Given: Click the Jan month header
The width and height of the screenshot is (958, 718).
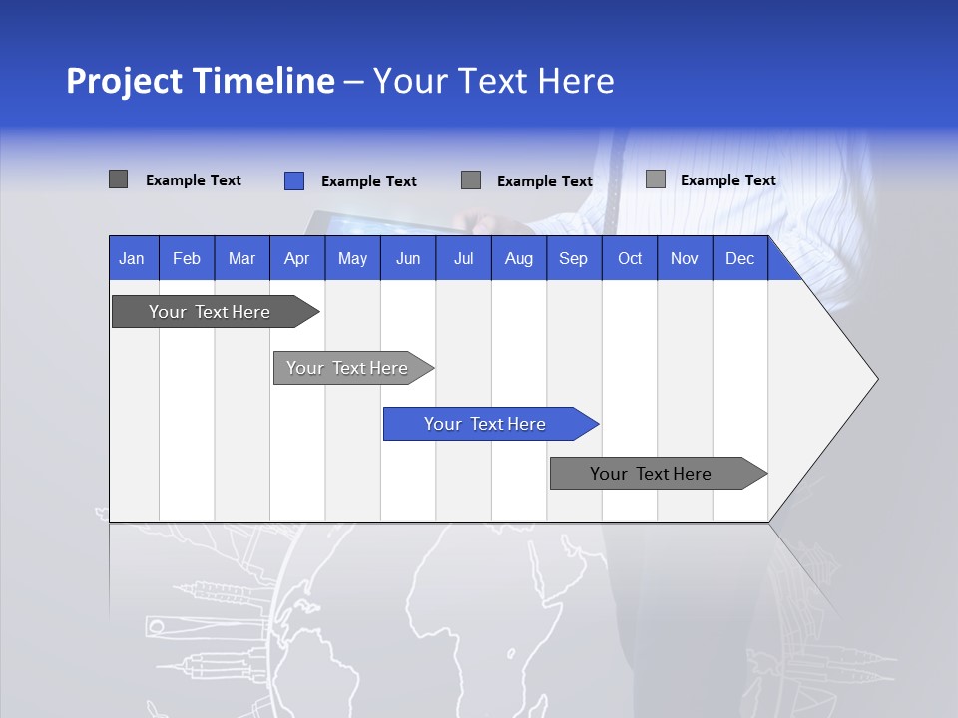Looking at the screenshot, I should [x=132, y=258].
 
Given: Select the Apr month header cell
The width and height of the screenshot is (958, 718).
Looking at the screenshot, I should [x=296, y=258].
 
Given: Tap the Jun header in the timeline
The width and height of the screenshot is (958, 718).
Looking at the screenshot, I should [x=407, y=258].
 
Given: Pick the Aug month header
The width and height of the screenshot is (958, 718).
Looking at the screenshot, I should [x=518, y=258].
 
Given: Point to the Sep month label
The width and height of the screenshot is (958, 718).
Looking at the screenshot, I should [x=573, y=258].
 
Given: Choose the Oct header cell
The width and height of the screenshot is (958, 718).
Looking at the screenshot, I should [x=629, y=258].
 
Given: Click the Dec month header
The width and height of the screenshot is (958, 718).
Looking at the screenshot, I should [x=739, y=258].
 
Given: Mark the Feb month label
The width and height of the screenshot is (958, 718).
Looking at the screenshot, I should [x=187, y=258].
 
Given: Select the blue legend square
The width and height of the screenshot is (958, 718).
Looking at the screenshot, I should [x=293, y=180].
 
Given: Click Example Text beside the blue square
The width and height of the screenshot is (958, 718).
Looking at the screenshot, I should [x=368, y=181].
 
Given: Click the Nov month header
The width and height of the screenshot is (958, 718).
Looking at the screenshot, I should [x=684, y=258].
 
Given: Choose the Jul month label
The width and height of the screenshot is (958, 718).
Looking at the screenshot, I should [x=463, y=258].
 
